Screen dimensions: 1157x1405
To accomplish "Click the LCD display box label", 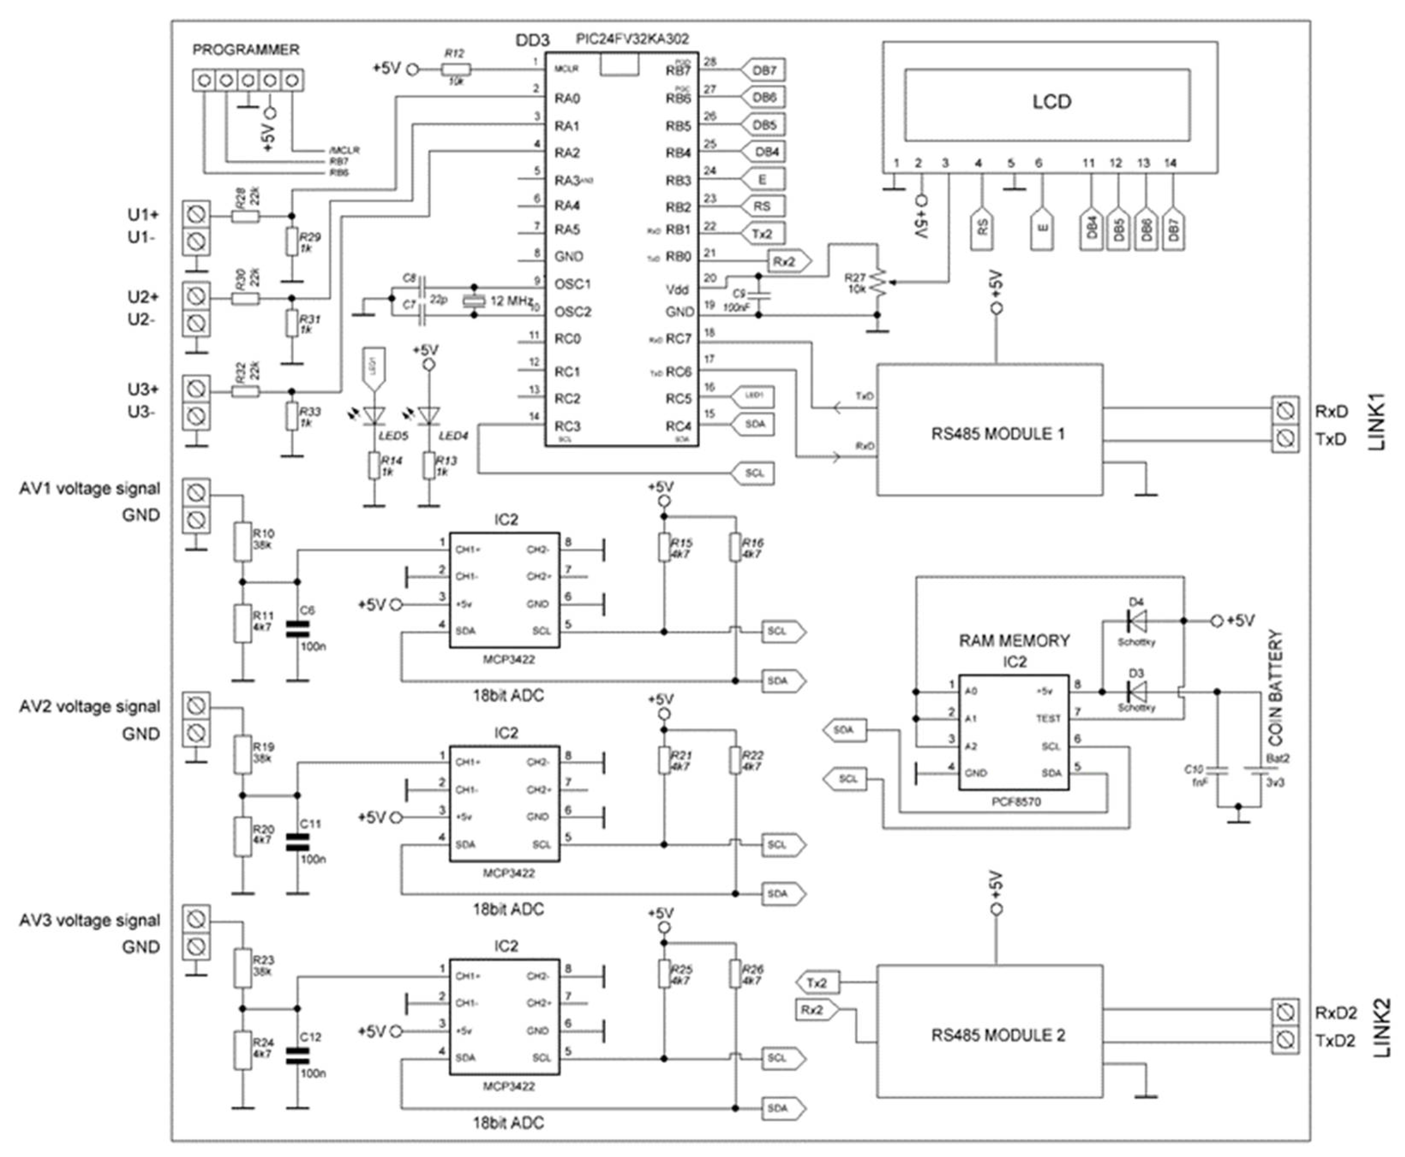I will point(1051,102).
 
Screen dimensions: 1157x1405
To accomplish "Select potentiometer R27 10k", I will point(878,283).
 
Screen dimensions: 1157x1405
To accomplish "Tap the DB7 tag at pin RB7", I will point(764,70).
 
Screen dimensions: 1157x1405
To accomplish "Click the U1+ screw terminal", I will point(197,215).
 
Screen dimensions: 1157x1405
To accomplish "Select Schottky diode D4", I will point(1136,621).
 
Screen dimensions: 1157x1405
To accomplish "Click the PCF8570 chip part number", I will point(1015,802).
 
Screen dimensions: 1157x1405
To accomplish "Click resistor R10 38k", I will point(243,541).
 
